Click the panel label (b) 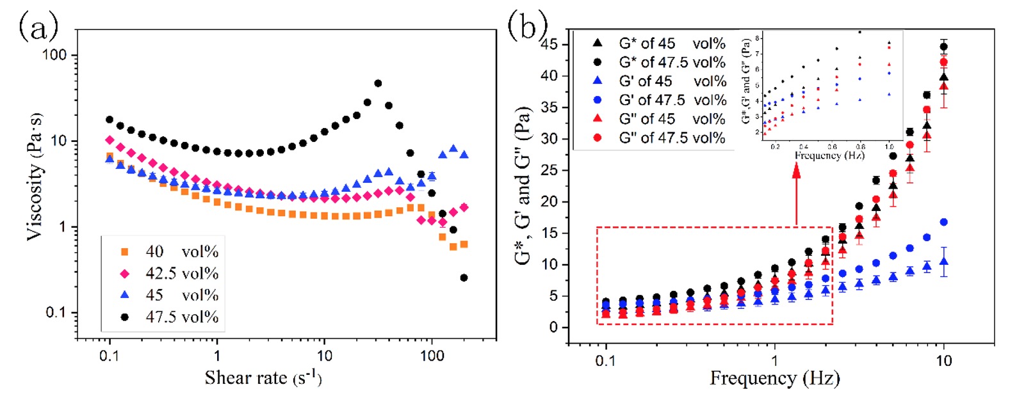(x=527, y=26)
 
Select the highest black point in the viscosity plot (x=378, y=83)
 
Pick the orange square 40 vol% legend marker (x=125, y=252)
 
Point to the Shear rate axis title (x=263, y=378)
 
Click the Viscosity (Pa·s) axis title (x=35, y=177)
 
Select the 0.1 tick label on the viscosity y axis (x=58, y=313)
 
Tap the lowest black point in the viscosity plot (x=464, y=278)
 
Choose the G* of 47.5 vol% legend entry (x=672, y=63)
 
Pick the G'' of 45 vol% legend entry (x=672, y=119)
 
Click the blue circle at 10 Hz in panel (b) (x=943, y=222)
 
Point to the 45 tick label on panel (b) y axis (x=550, y=44)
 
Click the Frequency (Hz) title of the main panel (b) (x=774, y=378)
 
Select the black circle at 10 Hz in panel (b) (x=943, y=46)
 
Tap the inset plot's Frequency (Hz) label (x=829, y=155)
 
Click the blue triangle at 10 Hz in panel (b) (x=943, y=262)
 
